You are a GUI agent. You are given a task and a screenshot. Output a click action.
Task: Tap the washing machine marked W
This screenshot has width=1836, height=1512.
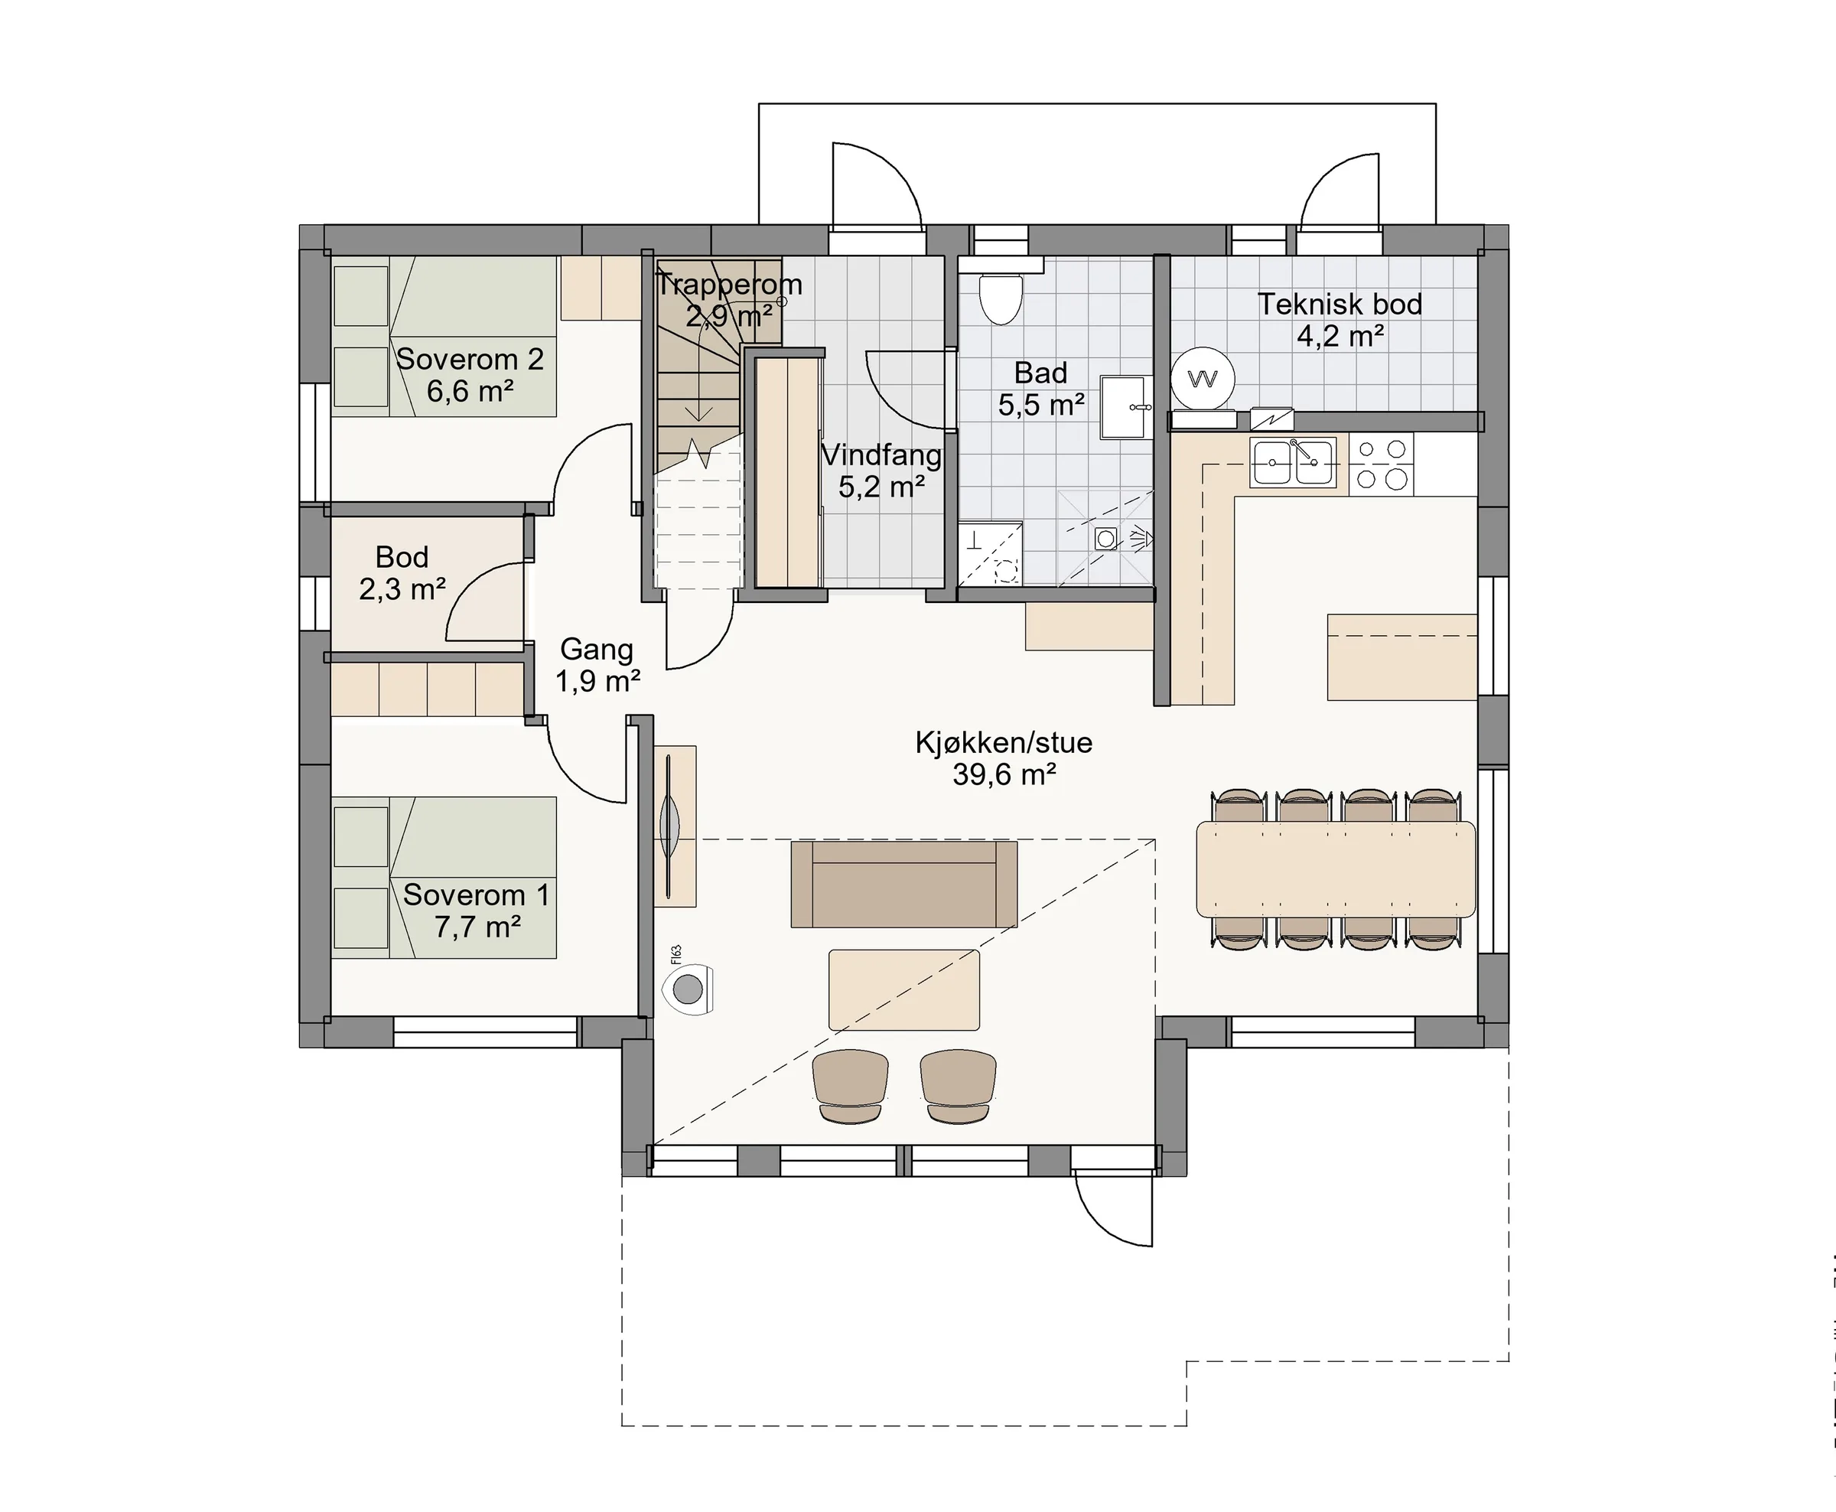[1203, 379]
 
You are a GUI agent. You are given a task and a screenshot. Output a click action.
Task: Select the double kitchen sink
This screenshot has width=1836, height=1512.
[1293, 461]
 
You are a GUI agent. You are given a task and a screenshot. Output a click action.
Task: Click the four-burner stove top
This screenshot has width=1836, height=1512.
[1382, 464]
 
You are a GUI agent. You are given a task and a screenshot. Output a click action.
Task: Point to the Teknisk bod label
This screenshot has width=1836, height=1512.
[1340, 304]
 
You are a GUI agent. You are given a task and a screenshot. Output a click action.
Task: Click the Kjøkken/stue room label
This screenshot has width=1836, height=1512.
[1004, 742]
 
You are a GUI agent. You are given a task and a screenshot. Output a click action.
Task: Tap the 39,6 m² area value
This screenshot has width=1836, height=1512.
[1004, 774]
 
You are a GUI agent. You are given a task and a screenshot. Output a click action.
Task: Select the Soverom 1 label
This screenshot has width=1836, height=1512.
[476, 894]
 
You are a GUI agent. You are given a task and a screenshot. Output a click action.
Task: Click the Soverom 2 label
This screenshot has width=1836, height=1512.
[470, 359]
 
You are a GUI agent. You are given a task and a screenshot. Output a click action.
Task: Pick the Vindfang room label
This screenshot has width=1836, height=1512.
[882, 455]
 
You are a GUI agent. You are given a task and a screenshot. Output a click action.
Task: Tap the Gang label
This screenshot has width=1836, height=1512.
[597, 649]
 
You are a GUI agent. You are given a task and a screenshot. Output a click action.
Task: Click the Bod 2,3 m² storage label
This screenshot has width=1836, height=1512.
[402, 573]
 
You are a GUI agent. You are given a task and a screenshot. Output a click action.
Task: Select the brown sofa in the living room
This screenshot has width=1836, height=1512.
[903, 883]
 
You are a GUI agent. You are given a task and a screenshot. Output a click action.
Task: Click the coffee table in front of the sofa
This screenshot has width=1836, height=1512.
[903, 990]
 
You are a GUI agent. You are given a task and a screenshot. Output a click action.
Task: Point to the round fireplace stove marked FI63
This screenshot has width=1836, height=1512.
[688, 989]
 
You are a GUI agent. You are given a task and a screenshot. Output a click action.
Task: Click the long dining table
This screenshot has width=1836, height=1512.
[1336, 869]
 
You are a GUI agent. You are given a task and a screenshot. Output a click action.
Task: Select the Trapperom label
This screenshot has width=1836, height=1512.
[728, 284]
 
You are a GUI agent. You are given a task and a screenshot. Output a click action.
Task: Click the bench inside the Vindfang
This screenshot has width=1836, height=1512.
[788, 471]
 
